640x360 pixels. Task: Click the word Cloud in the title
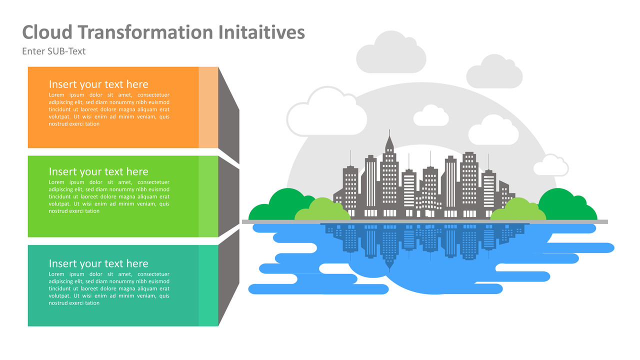coord(47,32)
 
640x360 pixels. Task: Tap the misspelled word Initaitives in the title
coord(261,32)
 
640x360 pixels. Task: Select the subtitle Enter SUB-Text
coord(54,51)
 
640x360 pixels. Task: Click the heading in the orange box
coord(98,84)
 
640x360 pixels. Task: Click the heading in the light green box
coord(98,171)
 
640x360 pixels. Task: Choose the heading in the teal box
coord(98,263)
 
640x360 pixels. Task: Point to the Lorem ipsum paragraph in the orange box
coord(109,109)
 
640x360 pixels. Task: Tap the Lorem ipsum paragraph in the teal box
coord(109,288)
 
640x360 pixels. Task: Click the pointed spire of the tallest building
coord(389,140)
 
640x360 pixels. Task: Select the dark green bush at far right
coord(570,202)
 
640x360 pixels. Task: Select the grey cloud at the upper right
coord(494,72)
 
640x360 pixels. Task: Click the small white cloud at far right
coord(550,166)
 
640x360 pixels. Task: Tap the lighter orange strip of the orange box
coord(208,107)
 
